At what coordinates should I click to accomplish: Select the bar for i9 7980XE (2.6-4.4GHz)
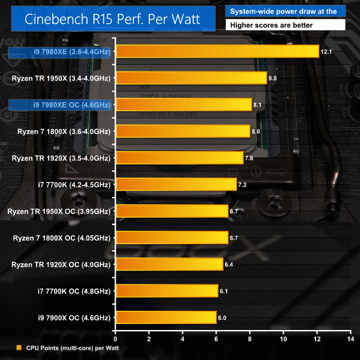[217, 52]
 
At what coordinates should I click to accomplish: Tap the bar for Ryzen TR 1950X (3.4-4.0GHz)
[191, 78]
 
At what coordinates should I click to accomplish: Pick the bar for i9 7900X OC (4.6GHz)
[166, 317]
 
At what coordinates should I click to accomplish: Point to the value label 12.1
[326, 52]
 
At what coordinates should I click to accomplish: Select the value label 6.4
[230, 264]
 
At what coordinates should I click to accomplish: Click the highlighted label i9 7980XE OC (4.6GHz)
[60, 105]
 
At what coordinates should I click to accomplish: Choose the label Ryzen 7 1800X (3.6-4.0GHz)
[61, 131]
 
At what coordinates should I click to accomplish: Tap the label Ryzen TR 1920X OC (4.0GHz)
[60, 264]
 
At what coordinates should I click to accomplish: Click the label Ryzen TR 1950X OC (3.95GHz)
[58, 211]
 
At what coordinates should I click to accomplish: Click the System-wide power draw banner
[290, 11]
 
